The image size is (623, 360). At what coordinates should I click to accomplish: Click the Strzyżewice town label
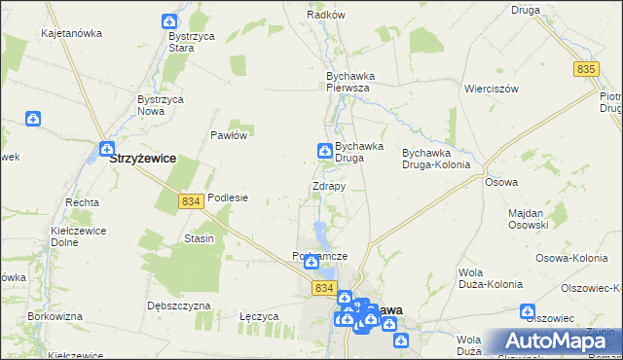(x=143, y=157)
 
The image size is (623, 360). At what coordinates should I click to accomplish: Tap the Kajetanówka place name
(x=71, y=33)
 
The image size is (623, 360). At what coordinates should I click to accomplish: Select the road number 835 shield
(x=585, y=69)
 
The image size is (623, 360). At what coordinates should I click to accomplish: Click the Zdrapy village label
(x=328, y=186)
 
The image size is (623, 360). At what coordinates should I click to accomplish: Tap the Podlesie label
(x=228, y=198)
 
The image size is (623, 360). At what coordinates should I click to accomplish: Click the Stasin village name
(x=199, y=238)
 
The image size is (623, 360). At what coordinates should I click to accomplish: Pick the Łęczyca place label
(x=260, y=316)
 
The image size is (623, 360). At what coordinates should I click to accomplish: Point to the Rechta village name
(x=82, y=202)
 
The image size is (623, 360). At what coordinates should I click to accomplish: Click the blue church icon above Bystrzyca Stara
(x=169, y=21)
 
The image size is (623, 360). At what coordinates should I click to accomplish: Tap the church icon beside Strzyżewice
(x=105, y=149)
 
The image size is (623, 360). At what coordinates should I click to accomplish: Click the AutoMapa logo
(x=558, y=342)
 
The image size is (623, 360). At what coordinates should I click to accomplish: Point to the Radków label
(x=326, y=15)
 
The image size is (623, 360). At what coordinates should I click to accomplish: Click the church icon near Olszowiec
(x=529, y=312)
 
